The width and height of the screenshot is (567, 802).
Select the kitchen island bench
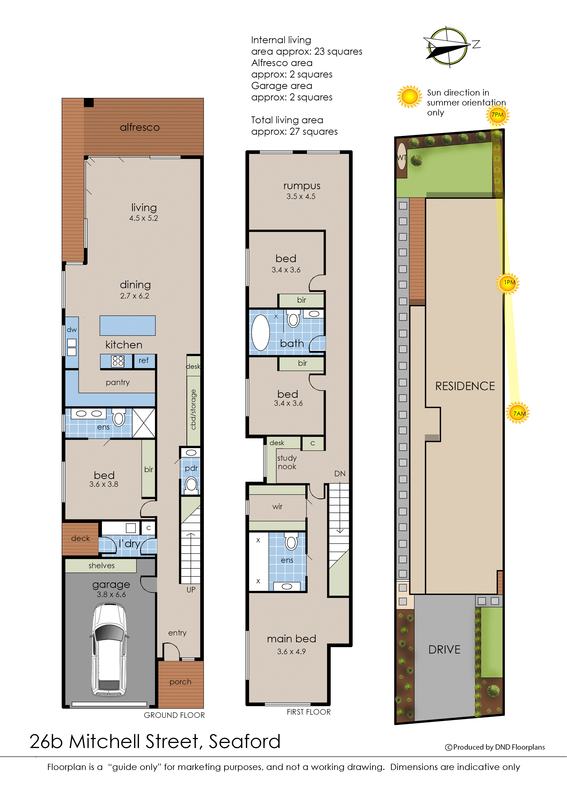(x=128, y=325)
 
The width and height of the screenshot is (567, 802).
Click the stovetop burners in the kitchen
(x=118, y=361)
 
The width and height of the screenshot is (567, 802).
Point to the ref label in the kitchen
(x=144, y=360)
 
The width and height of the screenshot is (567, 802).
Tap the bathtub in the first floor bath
(x=261, y=332)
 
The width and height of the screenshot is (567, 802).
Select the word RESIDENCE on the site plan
(x=465, y=386)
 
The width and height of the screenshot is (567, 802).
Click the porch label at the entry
(x=180, y=682)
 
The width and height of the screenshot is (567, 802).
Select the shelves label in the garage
(x=101, y=566)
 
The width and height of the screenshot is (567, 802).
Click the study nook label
(x=287, y=462)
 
